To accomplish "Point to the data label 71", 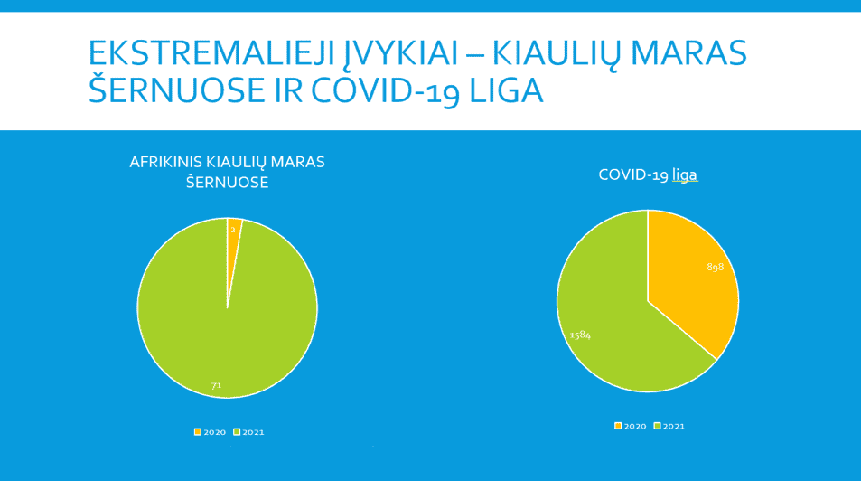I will tap(216, 385).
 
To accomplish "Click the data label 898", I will tap(715, 267).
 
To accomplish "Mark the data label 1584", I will tap(580, 335).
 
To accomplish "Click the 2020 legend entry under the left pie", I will tap(210, 432).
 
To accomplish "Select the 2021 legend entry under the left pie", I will tap(248, 432).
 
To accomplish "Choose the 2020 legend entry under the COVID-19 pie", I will tap(630, 426).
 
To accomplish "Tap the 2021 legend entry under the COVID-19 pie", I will tap(669, 426).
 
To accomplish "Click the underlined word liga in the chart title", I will tap(684, 175).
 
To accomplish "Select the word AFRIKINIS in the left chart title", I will tap(165, 163).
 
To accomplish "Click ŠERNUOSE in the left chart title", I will tap(227, 183).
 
